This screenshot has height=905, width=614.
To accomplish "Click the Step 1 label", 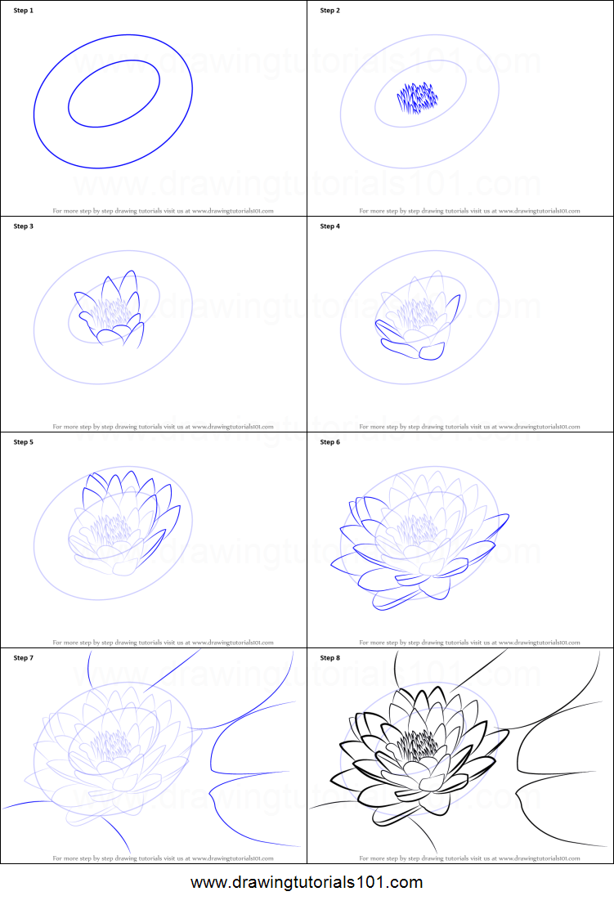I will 24,11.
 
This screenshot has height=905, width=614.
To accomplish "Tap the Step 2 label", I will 329,11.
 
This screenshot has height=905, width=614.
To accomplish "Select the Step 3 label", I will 24,226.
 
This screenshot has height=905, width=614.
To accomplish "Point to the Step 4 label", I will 329,226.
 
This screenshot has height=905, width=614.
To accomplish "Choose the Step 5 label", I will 24,442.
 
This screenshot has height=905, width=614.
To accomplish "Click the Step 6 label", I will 329,442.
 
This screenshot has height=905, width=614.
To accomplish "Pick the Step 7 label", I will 24,658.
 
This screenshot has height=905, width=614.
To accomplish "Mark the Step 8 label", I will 329,658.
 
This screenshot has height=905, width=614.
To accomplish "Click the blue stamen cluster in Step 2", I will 418,98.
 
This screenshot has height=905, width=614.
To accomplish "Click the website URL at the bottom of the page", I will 307,883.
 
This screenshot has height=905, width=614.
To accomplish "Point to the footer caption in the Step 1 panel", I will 163,210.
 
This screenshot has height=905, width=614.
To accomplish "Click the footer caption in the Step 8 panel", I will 469,858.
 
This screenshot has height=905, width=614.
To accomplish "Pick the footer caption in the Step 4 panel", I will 469,426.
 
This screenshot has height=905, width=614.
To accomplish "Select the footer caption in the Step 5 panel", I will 163,643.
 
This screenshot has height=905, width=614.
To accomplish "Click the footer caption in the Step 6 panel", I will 469,643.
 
